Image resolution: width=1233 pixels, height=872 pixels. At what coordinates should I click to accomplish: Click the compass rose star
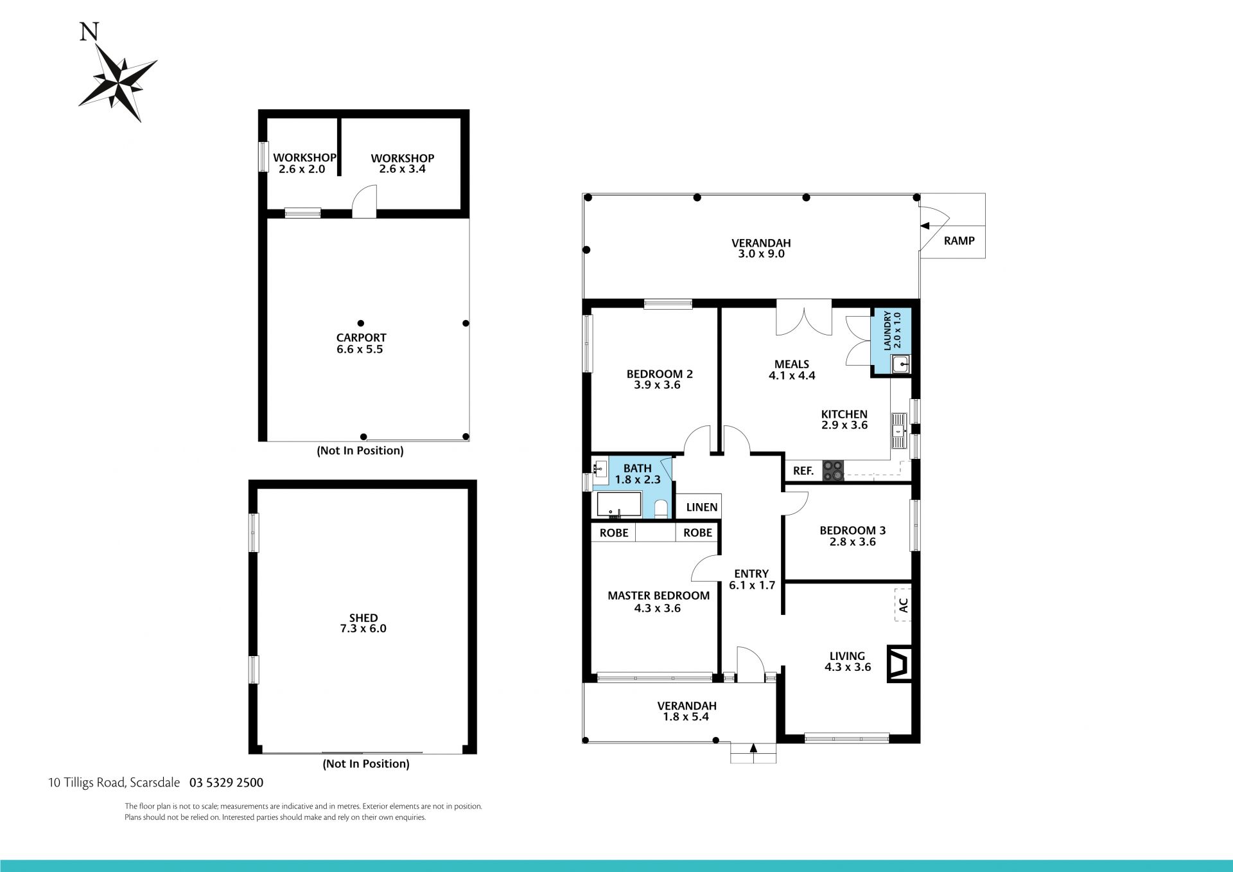[118, 82]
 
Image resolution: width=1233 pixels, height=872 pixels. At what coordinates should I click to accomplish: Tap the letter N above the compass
[89, 31]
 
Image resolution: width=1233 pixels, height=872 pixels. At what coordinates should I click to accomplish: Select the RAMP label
[959, 241]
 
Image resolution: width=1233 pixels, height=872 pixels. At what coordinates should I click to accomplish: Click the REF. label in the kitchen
[803, 471]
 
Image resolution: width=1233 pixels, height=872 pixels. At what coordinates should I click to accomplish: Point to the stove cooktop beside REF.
[833, 471]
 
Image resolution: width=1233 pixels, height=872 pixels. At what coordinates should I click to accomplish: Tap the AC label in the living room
[903, 605]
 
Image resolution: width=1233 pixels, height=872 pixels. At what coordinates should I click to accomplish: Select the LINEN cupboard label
[702, 507]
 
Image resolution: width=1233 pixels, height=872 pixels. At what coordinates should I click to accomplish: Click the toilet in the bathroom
[661, 510]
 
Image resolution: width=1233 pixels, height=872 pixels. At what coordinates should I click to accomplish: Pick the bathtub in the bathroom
[619, 504]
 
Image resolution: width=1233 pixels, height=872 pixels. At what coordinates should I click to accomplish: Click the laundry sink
[901, 365]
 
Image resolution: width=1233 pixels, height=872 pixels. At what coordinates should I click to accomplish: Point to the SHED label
[363, 618]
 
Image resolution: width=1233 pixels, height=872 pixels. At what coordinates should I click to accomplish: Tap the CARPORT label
[362, 337]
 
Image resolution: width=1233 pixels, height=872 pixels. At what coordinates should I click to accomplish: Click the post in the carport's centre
[361, 323]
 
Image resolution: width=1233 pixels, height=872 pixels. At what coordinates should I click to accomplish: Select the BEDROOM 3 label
[853, 530]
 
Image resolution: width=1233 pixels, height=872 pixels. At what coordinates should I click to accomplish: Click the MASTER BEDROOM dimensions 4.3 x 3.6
[658, 608]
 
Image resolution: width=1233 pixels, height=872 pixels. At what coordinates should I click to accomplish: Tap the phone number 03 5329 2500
[227, 783]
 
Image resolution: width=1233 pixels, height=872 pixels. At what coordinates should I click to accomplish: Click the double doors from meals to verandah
[804, 317]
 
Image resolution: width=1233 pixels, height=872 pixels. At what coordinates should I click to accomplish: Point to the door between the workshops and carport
[364, 202]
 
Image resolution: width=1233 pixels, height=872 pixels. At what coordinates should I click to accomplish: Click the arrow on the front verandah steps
[753, 748]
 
